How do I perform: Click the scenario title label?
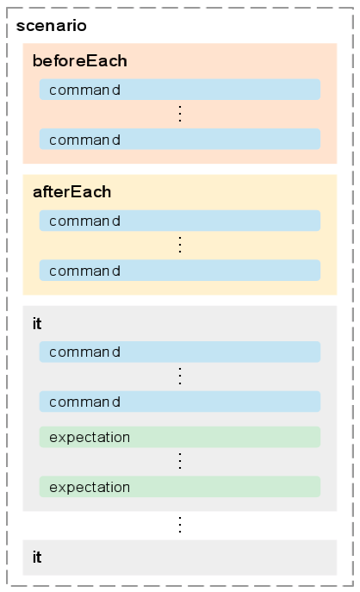[52, 26]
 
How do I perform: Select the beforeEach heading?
[79, 61]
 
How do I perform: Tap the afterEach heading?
[71, 192]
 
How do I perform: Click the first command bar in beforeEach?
[180, 90]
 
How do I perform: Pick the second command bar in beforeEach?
[180, 139]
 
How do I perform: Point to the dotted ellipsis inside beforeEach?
[180, 114]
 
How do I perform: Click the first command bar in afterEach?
[180, 221]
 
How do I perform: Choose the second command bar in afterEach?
[180, 271]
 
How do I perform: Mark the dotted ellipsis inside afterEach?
[180, 245]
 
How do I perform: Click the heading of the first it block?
[37, 323]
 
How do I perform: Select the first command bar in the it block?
[180, 352]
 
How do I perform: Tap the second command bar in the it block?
[180, 402]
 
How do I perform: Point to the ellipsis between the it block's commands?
[180, 377]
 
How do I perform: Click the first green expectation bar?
[180, 437]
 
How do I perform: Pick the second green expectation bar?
[180, 487]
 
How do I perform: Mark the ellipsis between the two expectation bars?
[180, 461]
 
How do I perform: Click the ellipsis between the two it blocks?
[180, 525]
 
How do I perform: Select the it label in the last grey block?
[37, 558]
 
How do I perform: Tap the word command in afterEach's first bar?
[85, 221]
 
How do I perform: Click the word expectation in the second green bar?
[90, 488]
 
